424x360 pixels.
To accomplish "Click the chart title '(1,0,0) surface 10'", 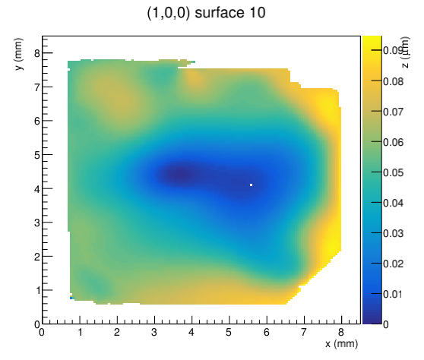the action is click(206, 13).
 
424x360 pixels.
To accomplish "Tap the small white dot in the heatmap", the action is click(252, 185).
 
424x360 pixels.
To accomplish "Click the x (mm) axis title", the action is click(341, 344).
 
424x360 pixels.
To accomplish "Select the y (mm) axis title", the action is click(18, 54).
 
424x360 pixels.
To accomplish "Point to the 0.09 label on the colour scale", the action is click(393, 50).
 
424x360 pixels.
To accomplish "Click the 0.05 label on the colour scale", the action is click(393, 172).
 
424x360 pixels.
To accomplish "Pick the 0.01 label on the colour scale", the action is click(393, 294).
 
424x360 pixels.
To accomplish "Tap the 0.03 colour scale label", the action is click(393, 233).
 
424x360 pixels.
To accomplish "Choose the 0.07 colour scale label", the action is click(393, 112).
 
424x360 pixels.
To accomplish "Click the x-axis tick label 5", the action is click(229, 332).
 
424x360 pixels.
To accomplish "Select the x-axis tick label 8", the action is click(341, 332).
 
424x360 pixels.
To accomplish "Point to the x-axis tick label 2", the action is click(117, 332).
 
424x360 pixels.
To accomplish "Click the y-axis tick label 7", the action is click(37, 87).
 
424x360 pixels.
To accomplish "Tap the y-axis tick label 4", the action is click(37, 189).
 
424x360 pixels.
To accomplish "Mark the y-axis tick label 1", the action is click(37, 291).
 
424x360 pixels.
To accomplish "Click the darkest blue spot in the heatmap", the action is click(179, 175).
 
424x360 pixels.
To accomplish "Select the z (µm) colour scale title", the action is click(405, 52).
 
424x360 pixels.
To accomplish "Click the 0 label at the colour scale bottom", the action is click(386, 324).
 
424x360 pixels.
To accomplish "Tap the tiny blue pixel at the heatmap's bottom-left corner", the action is click(71, 298).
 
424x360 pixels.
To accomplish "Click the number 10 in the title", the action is click(257, 13).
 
